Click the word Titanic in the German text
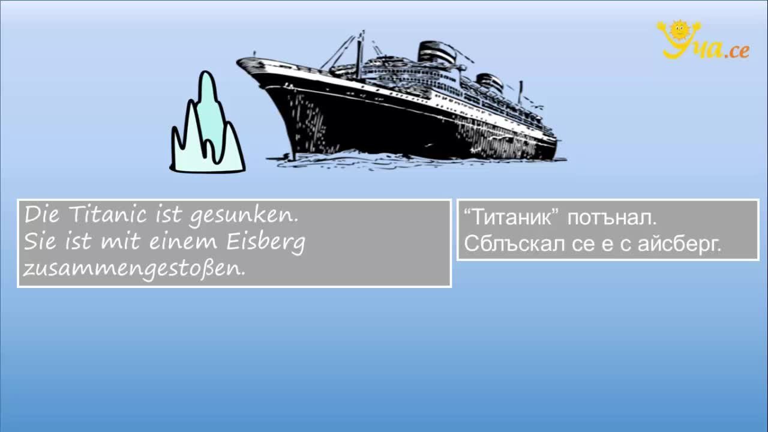108,215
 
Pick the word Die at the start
41,215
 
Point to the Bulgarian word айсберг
680,245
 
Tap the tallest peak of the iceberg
206,73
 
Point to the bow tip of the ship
237,62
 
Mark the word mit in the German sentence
121,241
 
